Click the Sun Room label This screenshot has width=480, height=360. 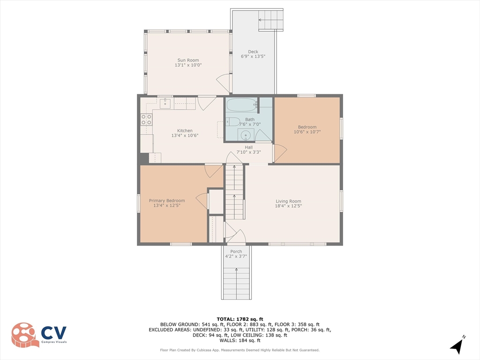(x=187, y=60)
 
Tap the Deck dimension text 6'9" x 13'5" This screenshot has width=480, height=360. (x=253, y=57)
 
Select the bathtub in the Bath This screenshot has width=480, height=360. (x=241, y=105)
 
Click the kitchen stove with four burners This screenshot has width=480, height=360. (x=146, y=120)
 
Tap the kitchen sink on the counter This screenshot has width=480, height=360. (x=165, y=104)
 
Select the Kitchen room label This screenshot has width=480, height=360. (x=185, y=131)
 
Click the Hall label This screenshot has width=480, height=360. (x=249, y=147)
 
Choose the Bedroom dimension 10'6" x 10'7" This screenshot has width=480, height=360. (x=307, y=132)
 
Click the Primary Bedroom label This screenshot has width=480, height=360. (x=167, y=201)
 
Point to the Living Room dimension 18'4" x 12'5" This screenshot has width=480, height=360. (x=288, y=206)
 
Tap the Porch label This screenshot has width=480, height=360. (x=236, y=252)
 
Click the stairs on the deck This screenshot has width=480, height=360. (x=271, y=20)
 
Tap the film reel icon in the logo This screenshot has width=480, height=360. (x=25, y=335)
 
